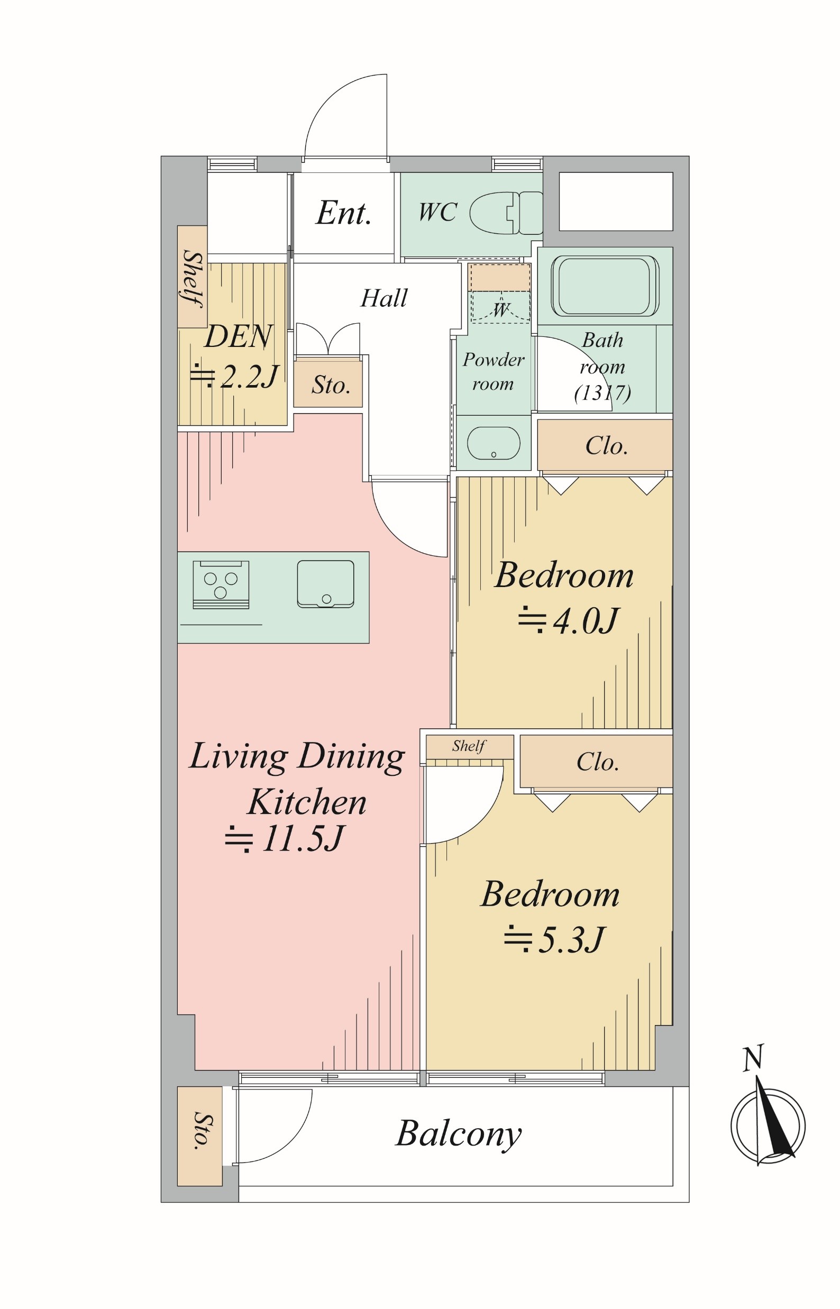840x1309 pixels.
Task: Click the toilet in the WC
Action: pos(506,213)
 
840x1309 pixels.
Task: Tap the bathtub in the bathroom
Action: pos(605,286)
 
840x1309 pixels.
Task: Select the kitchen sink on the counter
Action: pos(326,584)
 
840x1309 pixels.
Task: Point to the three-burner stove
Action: pos(221,585)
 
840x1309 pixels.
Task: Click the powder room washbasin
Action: pos(494,443)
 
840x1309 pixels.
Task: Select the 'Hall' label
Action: pos(384,298)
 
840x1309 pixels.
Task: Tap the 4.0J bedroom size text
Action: pos(568,621)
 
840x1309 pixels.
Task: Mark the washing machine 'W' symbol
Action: pos(501,309)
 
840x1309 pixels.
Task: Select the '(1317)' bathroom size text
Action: pos(602,392)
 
